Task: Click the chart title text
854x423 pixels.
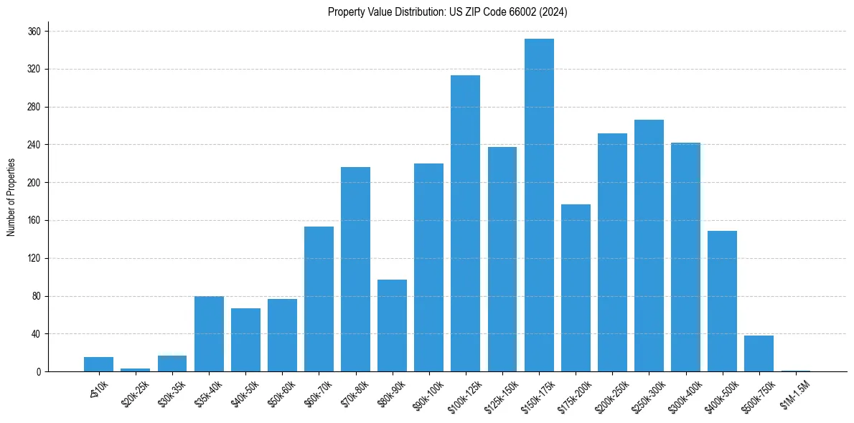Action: click(447, 12)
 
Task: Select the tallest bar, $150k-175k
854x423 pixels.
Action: click(539, 205)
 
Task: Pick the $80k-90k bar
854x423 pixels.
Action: click(392, 325)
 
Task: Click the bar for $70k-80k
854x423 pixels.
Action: click(355, 269)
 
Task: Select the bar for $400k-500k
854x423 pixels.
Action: click(722, 301)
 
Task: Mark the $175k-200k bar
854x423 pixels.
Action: click(576, 287)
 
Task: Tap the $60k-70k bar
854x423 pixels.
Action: click(319, 299)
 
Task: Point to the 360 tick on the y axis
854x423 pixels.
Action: click(34, 32)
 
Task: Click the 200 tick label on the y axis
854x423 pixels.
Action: click(34, 183)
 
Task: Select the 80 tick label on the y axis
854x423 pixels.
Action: click(36, 296)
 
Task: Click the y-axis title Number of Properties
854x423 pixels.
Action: click(11, 197)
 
